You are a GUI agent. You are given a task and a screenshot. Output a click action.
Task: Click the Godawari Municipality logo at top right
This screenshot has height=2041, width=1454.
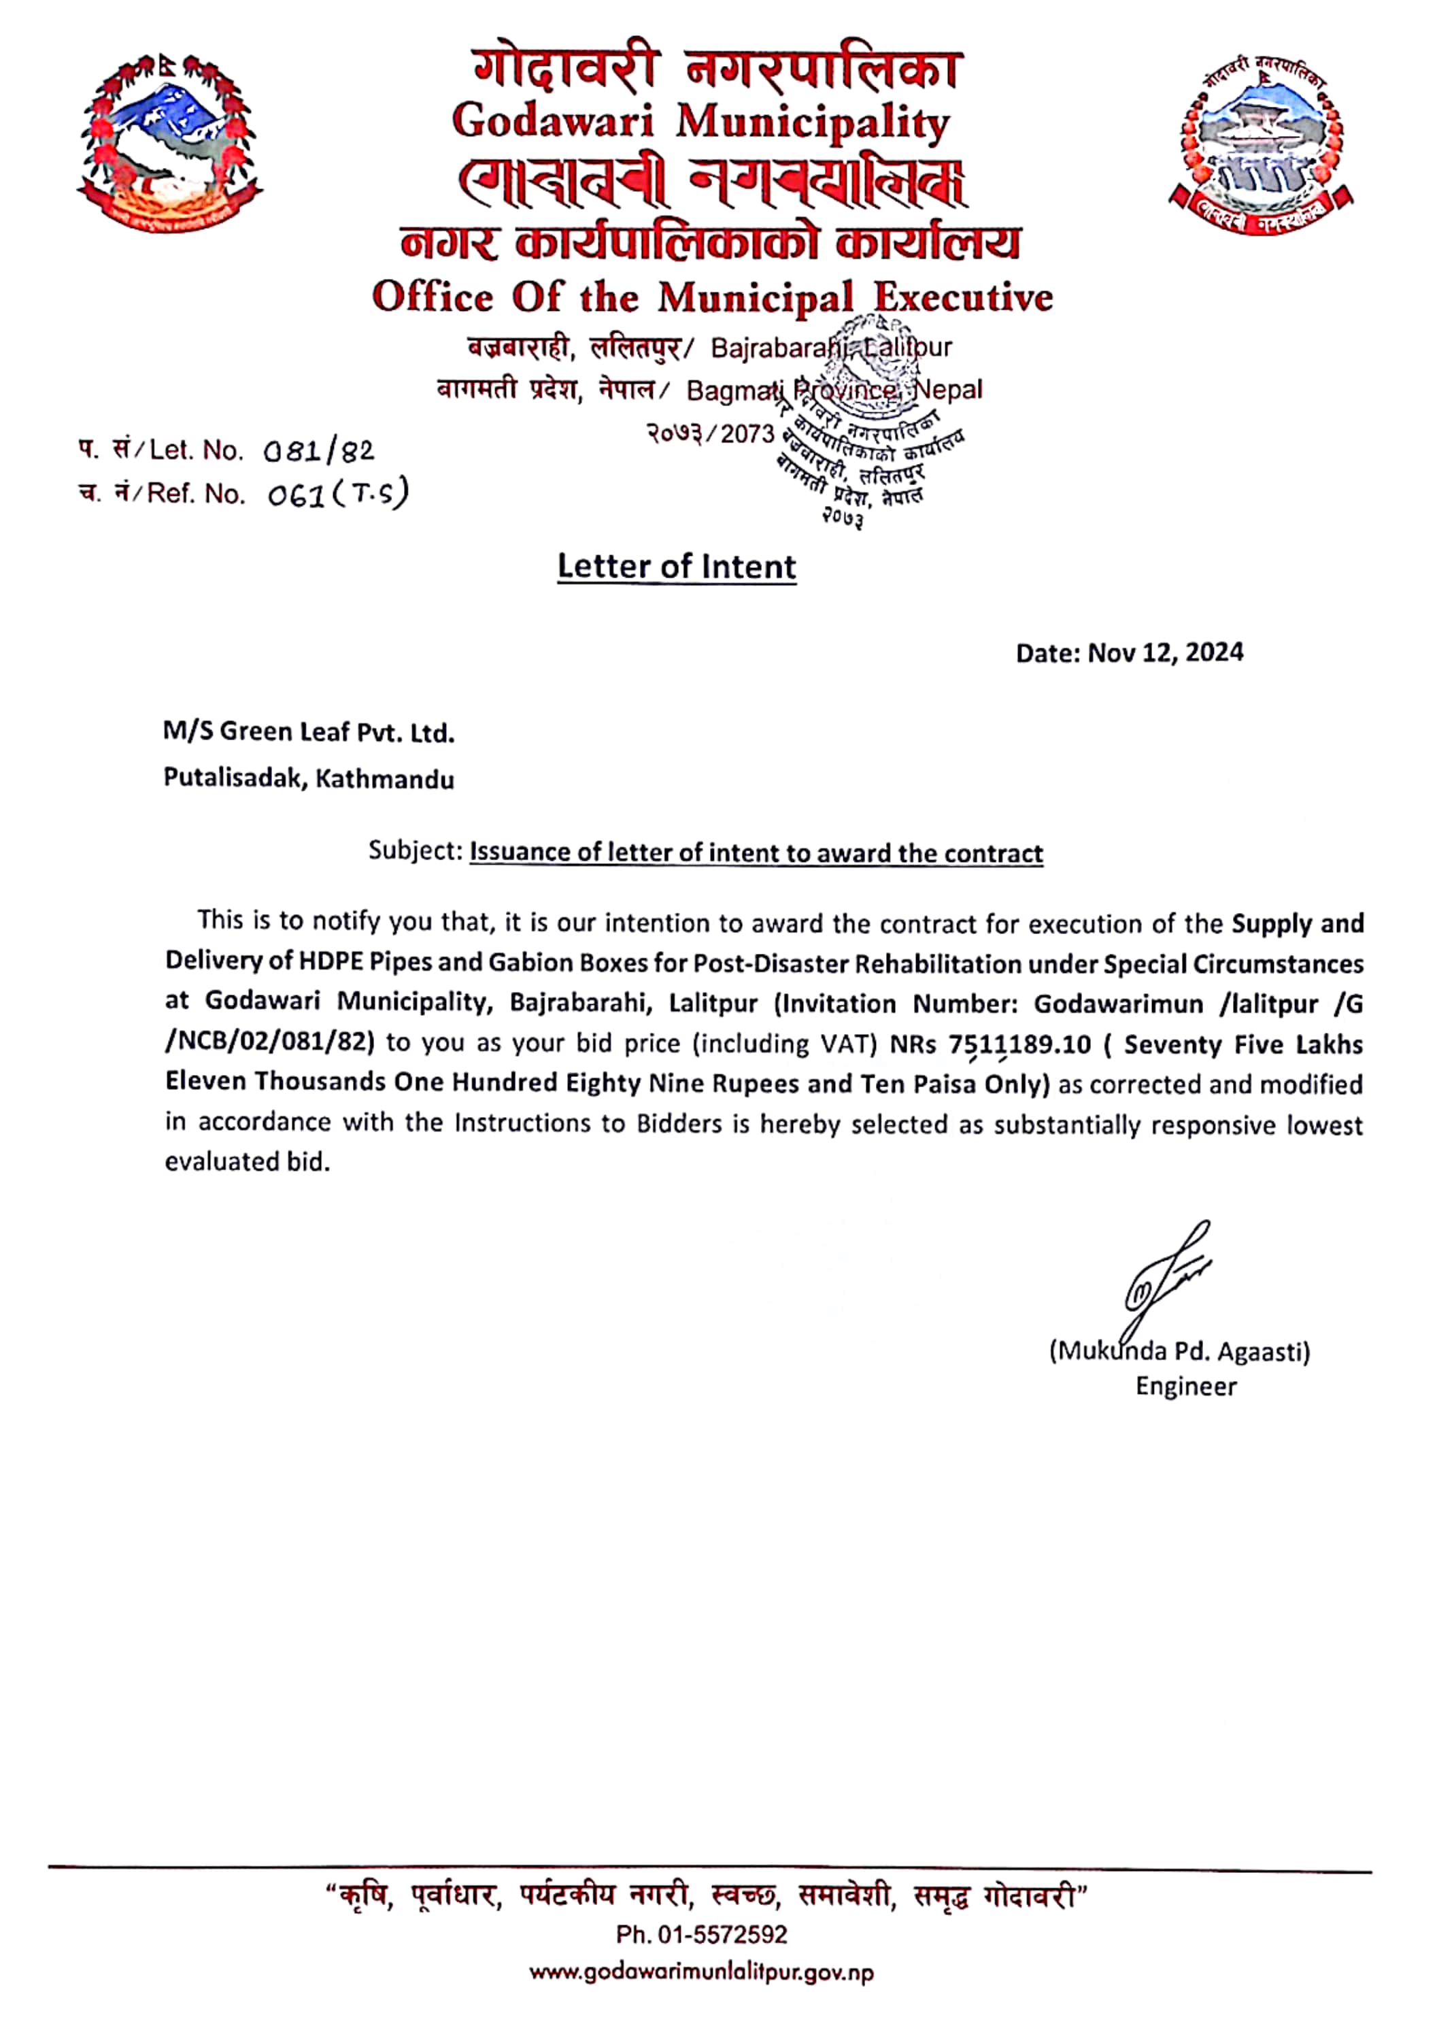click(1261, 144)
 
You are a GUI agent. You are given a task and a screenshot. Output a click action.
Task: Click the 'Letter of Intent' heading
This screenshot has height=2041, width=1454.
click(676, 567)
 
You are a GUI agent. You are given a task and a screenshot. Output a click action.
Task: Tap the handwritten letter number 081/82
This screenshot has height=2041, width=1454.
click(319, 450)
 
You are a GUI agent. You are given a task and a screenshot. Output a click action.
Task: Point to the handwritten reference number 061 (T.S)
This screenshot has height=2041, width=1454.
click(337, 493)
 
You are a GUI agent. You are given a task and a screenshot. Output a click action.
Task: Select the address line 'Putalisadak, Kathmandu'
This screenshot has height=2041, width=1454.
click(308, 778)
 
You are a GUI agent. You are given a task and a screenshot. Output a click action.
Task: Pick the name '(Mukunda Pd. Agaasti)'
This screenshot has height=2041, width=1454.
click(1179, 1350)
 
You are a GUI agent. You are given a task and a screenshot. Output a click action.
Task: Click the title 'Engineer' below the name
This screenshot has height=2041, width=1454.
click(1185, 1387)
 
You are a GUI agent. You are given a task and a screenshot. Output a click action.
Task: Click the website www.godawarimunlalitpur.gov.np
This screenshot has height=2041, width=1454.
click(701, 1972)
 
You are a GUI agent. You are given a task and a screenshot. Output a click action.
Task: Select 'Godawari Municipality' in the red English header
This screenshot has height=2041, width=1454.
click(700, 122)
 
